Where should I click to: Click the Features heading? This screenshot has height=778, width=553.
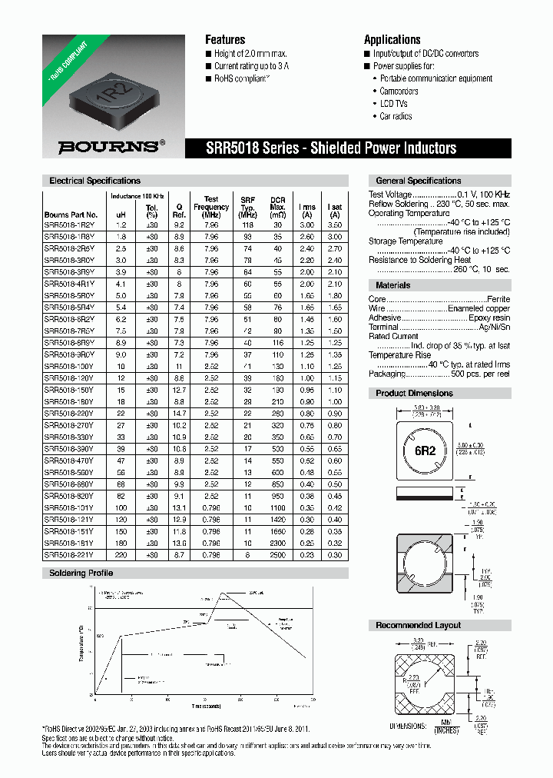click(x=225, y=40)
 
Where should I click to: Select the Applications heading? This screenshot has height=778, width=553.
click(x=392, y=40)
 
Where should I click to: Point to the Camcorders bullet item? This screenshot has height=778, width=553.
click(x=399, y=91)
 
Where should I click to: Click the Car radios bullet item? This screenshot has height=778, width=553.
click(x=396, y=116)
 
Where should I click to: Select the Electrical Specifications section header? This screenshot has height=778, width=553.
click(x=94, y=181)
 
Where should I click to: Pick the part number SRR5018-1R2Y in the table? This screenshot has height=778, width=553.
click(x=70, y=225)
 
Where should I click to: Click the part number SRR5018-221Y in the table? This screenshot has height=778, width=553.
click(x=70, y=554)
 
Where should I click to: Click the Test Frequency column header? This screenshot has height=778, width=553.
click(x=211, y=207)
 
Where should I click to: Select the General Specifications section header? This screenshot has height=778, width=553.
click(x=418, y=181)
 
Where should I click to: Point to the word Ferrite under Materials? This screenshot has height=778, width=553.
click(x=498, y=298)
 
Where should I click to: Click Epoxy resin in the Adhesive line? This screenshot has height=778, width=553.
click(x=490, y=318)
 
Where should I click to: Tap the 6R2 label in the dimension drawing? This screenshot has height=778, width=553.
click(x=426, y=451)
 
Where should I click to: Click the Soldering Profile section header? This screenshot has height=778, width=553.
click(x=81, y=574)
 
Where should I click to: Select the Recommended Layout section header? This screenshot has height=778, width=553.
click(x=418, y=625)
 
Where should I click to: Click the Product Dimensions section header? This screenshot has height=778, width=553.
click(x=414, y=393)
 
